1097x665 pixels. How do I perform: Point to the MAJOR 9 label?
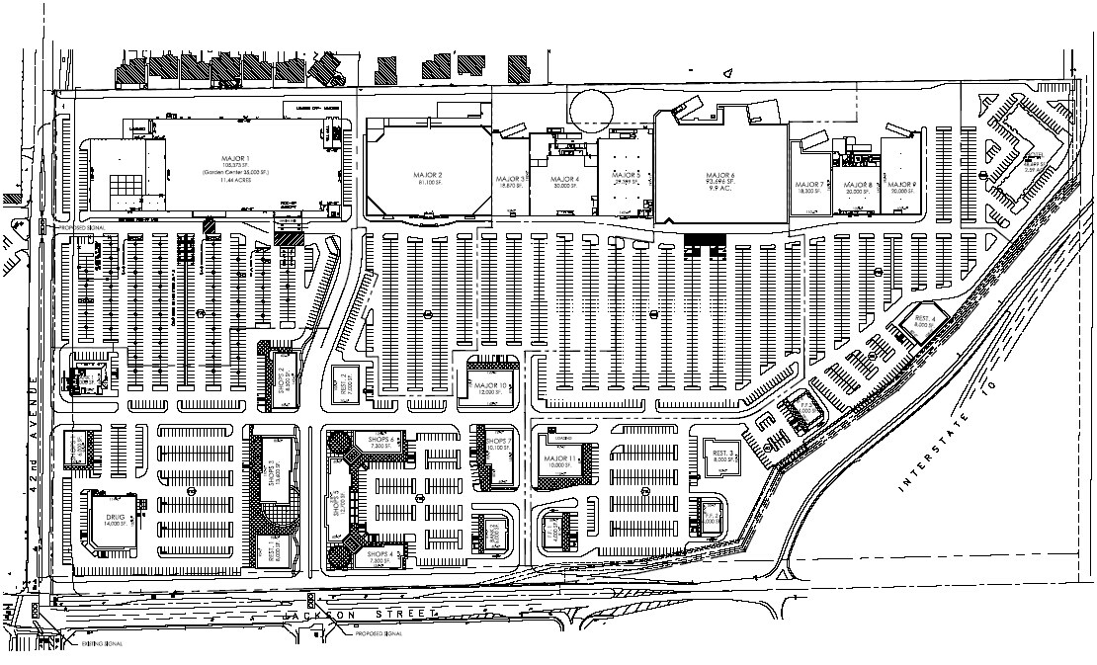(x=900, y=185)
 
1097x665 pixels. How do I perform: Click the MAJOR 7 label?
(x=809, y=185)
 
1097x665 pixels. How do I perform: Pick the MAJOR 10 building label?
(x=490, y=385)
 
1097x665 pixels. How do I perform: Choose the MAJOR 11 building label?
(x=558, y=459)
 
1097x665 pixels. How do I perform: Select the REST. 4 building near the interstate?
(x=925, y=319)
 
